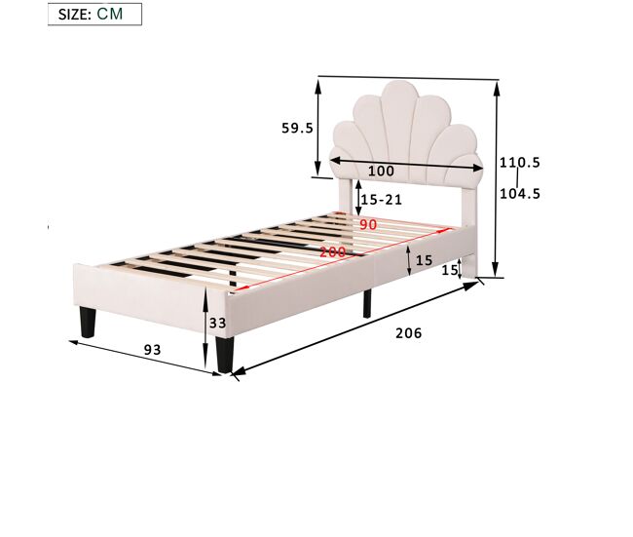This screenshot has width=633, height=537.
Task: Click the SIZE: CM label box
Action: click(x=94, y=15)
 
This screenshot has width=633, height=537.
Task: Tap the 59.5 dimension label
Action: click(x=298, y=128)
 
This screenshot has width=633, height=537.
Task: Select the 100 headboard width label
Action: click(x=381, y=171)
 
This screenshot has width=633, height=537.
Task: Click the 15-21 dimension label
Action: click(x=382, y=200)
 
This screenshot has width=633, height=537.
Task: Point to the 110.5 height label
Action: click(x=520, y=163)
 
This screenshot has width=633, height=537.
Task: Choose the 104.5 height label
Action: click(x=520, y=194)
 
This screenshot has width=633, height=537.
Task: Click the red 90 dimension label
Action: click(x=368, y=225)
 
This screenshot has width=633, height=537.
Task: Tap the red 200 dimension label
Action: click(x=333, y=252)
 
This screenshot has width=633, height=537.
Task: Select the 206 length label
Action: click(x=409, y=333)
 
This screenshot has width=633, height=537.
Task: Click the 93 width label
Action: click(x=153, y=350)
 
